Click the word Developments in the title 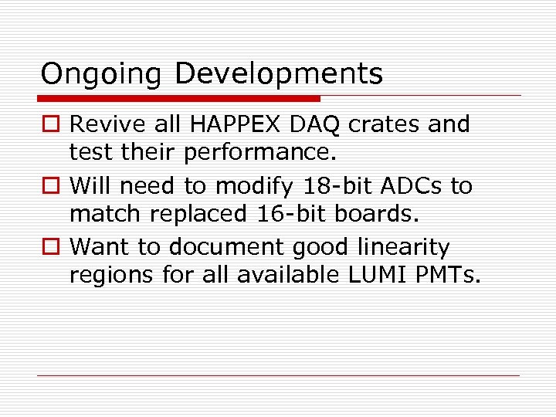coord(278,74)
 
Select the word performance coord(260,153)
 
